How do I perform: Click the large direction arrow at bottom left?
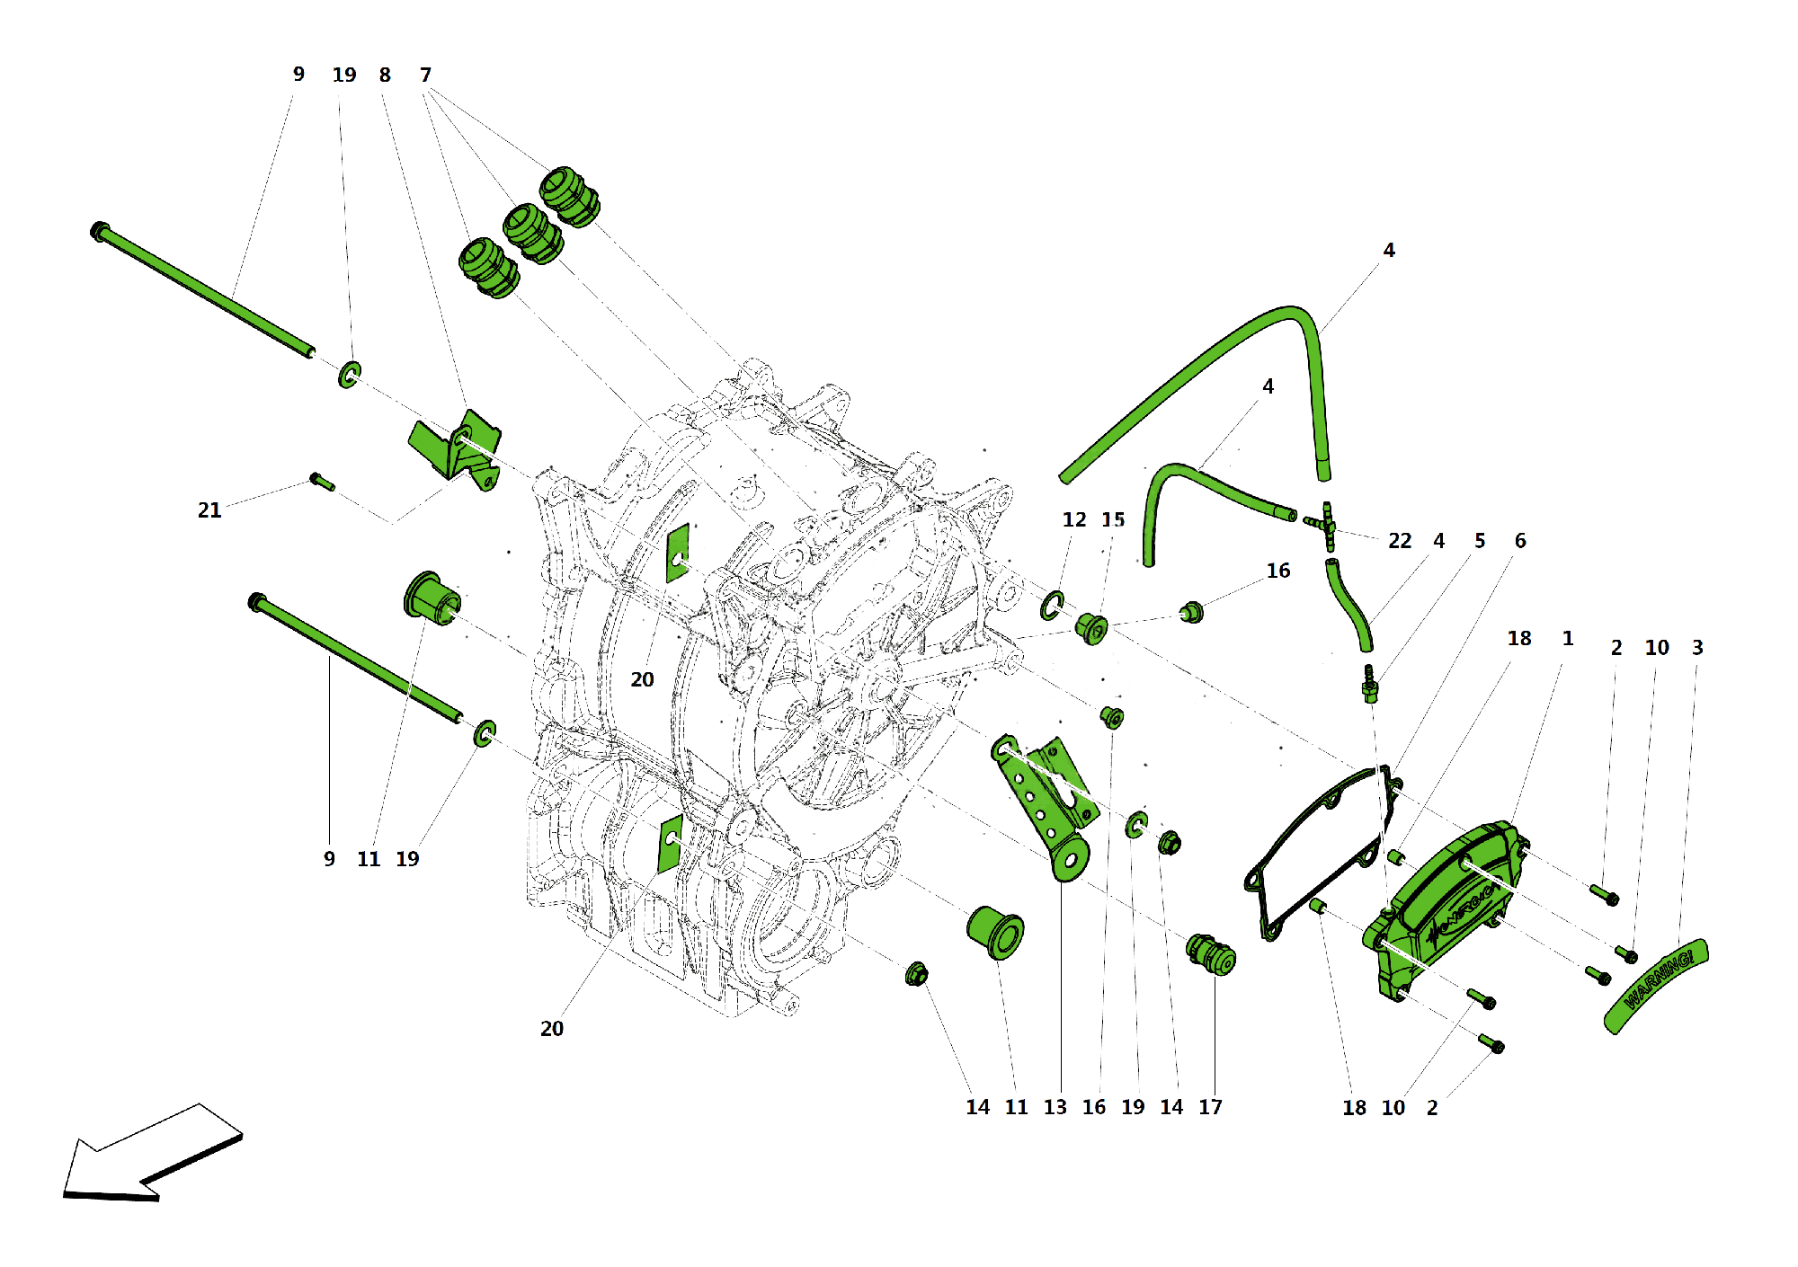pyautogui.click(x=148, y=1155)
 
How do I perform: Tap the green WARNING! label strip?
pyautogui.click(x=1657, y=985)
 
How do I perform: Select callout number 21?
pyautogui.click(x=209, y=510)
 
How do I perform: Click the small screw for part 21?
pyautogui.click(x=322, y=482)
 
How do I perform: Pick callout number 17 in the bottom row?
pyautogui.click(x=1210, y=1107)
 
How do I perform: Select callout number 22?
pyautogui.click(x=1400, y=541)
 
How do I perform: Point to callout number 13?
pyautogui.click(x=1055, y=1107)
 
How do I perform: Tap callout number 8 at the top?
pyautogui.click(x=385, y=75)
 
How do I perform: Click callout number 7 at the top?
pyautogui.click(x=425, y=75)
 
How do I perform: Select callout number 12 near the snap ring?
pyautogui.click(x=1073, y=520)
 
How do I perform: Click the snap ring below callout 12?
pyautogui.click(x=1052, y=606)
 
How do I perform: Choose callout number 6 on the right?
pyautogui.click(x=1519, y=541)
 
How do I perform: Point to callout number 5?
pyautogui.click(x=1479, y=541)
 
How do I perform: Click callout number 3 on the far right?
pyautogui.click(x=1697, y=648)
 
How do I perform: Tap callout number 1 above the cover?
pyautogui.click(x=1567, y=639)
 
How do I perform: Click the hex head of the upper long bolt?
pyautogui.click(x=100, y=231)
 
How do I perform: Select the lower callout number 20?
pyautogui.click(x=551, y=1029)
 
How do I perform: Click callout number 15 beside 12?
pyautogui.click(x=1113, y=520)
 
